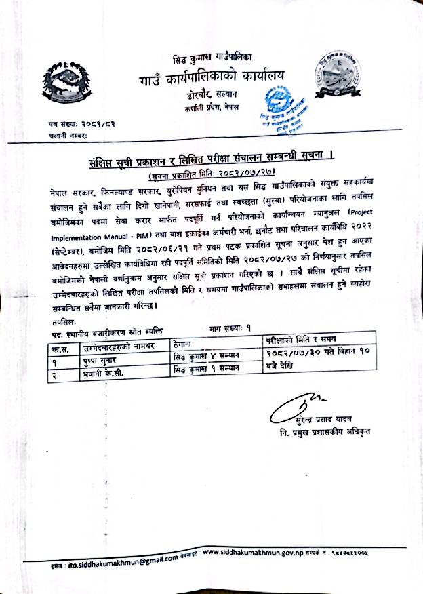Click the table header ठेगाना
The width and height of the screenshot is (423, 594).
[x=186, y=346]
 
